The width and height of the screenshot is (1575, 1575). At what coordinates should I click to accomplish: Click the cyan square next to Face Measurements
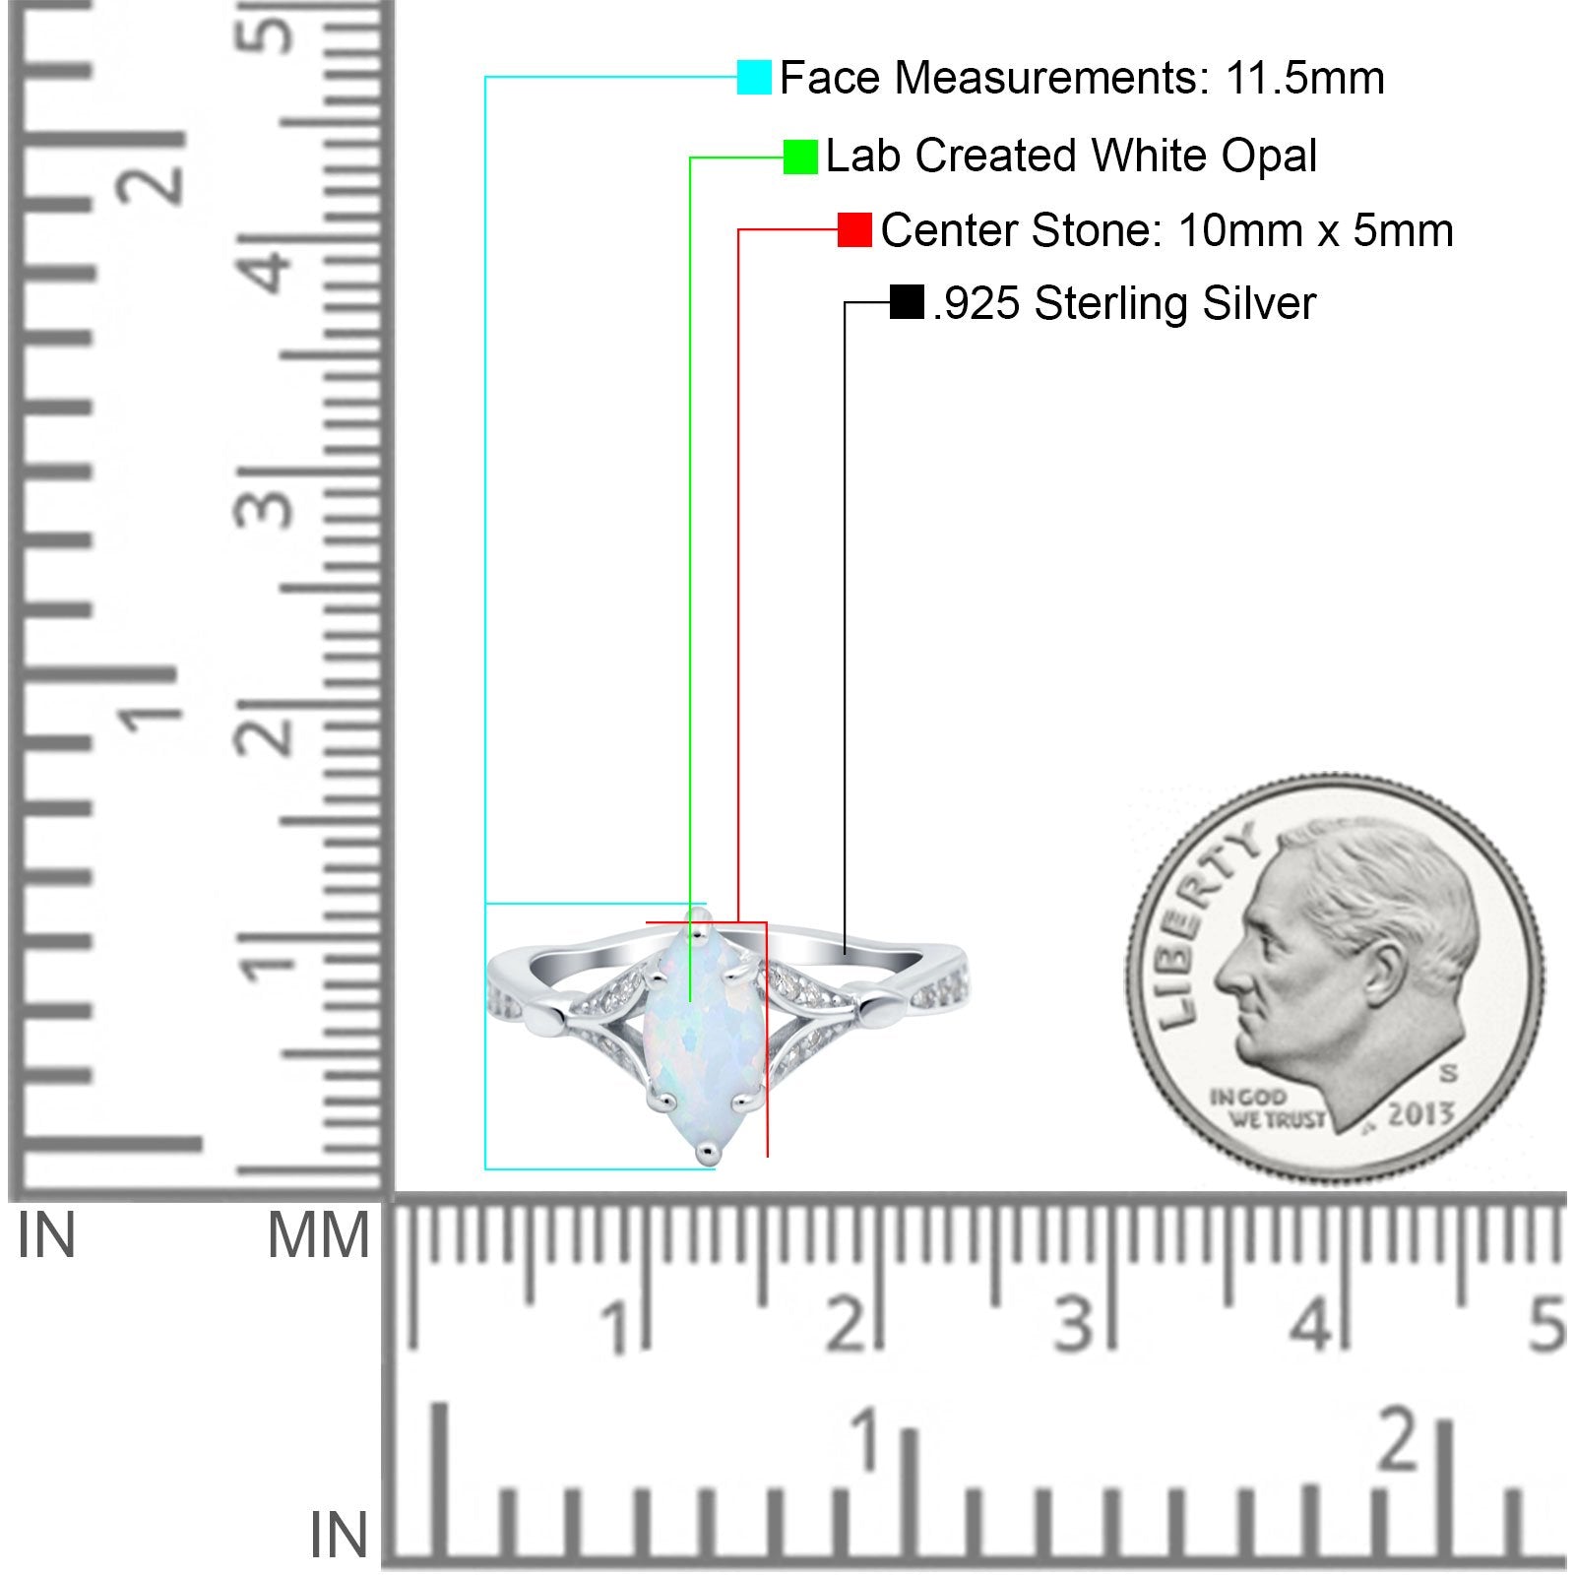point(754,77)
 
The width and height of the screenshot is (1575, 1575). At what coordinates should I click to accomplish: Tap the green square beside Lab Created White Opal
point(800,157)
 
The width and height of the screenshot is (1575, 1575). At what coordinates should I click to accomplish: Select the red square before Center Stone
point(854,230)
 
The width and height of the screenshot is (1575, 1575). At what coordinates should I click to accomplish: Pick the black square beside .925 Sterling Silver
point(907,302)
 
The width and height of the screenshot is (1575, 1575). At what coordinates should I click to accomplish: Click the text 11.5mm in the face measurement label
point(1304,78)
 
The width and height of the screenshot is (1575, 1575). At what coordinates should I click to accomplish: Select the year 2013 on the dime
point(1420,1113)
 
